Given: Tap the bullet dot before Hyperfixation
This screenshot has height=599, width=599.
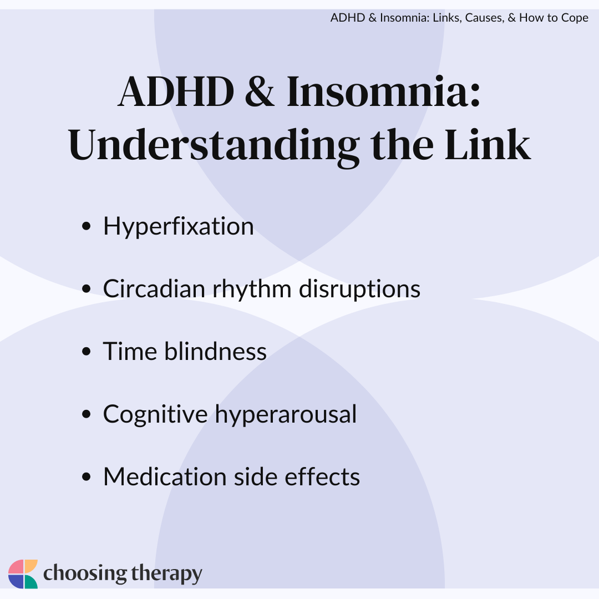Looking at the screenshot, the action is tap(87, 226).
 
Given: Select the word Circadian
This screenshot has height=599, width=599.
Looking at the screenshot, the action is tap(154, 288).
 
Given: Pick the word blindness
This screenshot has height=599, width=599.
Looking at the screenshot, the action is tap(215, 351).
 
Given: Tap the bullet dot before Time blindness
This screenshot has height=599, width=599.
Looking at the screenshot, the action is tap(87, 351).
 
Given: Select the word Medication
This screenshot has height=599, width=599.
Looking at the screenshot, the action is tap(165, 476).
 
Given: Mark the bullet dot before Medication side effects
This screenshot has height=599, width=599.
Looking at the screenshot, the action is tap(87, 477).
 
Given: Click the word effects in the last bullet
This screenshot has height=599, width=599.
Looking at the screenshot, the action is tap(322, 476).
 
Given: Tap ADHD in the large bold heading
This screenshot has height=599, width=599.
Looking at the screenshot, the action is tap(176, 92).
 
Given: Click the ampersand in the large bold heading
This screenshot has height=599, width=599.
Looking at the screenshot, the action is tap(260, 92).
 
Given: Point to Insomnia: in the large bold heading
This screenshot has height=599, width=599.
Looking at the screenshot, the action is tap(383, 92).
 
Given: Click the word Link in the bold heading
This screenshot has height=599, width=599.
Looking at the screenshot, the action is tap(488, 144).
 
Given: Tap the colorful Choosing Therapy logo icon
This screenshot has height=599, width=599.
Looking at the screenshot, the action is tap(23, 574).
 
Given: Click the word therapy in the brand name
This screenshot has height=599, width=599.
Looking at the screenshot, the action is tap(166, 574).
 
